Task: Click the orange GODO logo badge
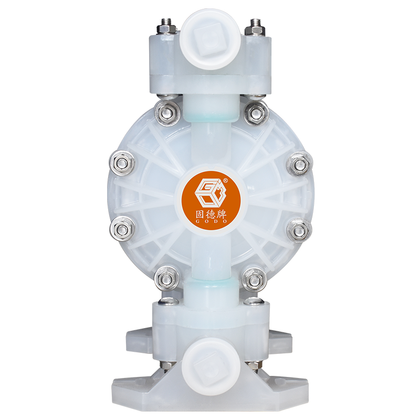211,200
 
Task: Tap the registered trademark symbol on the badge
225,180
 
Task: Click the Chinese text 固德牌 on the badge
211,215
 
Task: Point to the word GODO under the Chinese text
211,222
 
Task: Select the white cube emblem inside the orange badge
211,193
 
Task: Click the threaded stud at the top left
162,25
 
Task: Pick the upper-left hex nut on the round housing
167,112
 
